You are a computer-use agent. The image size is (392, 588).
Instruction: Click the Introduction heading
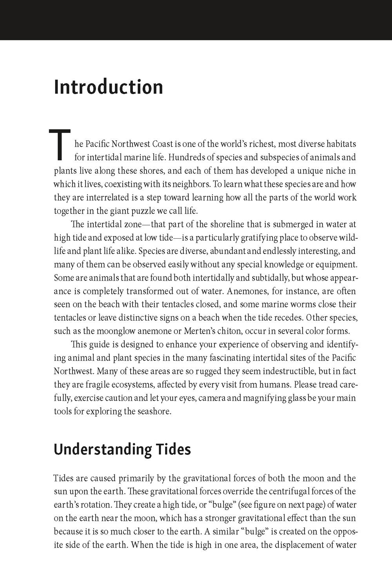[x=108, y=87]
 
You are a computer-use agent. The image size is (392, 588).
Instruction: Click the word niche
[x=333, y=171]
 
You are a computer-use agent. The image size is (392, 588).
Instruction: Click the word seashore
[x=155, y=412]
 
